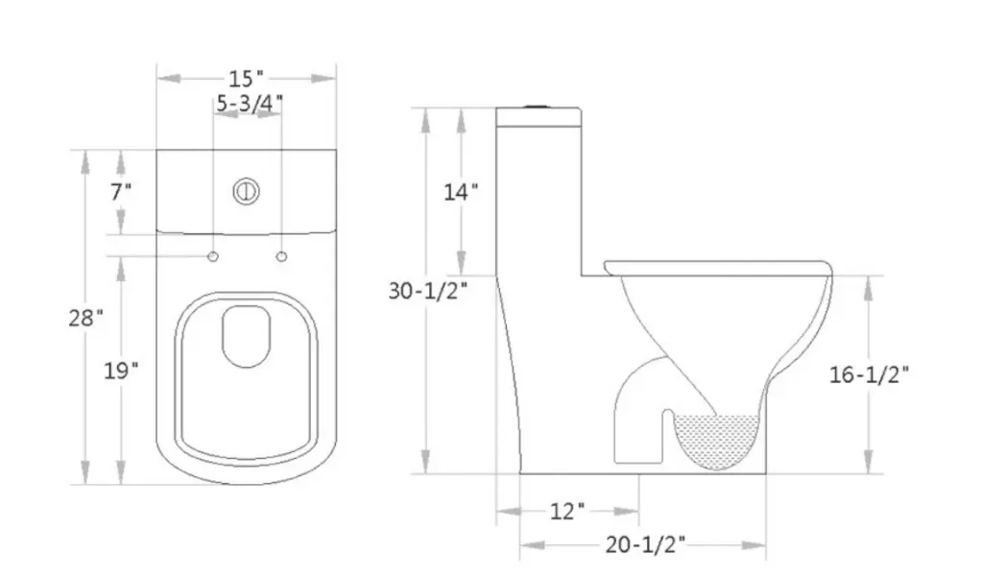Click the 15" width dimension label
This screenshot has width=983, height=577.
click(x=247, y=78)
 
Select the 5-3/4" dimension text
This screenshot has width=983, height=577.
click(x=249, y=105)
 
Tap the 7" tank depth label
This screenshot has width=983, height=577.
click(x=120, y=191)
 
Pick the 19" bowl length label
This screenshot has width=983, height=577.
click(x=121, y=371)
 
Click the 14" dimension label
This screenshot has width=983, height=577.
click(x=461, y=192)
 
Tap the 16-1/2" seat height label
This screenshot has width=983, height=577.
click(x=870, y=374)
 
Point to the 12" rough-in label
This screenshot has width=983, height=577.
click(x=567, y=510)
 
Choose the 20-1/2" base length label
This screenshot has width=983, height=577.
click(x=645, y=545)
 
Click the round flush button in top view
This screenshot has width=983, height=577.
click(x=247, y=190)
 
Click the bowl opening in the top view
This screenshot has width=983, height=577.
click(x=248, y=336)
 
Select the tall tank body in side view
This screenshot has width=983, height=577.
click(x=539, y=192)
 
